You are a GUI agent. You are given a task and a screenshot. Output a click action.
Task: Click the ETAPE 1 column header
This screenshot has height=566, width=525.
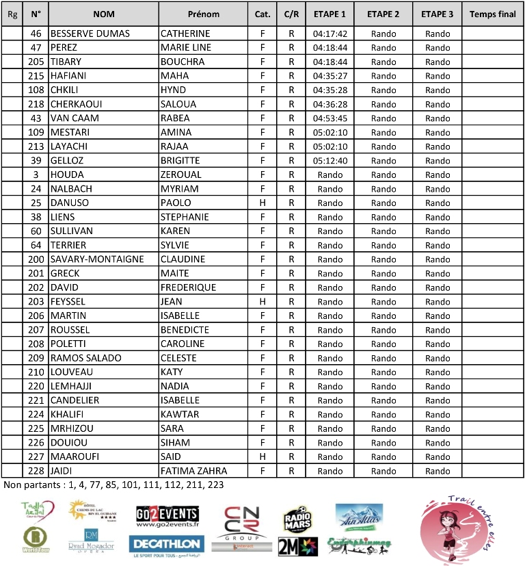[x=330, y=14]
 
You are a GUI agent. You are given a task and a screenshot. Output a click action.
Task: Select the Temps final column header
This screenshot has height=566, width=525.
[x=493, y=14]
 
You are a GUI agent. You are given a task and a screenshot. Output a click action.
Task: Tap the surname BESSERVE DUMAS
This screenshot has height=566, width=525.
[x=90, y=34]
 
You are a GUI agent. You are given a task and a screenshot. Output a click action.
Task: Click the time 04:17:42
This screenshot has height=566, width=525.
[x=330, y=34]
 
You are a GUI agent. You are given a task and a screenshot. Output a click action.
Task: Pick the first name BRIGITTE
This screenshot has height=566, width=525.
[x=180, y=160]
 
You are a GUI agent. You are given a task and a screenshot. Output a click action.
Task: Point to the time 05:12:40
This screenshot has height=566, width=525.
[x=330, y=160]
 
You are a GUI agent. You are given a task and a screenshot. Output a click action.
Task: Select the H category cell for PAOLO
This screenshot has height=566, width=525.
[x=262, y=203]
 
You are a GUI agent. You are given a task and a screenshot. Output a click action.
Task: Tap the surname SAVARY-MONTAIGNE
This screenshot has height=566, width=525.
[x=97, y=259]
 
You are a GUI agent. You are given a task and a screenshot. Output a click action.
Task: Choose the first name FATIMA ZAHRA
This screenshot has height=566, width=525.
[x=193, y=471]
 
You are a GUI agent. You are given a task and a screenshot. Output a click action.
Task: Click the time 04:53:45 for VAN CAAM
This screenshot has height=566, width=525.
[x=330, y=118]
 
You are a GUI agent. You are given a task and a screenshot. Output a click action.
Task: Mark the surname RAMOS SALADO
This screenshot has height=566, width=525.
[x=85, y=358]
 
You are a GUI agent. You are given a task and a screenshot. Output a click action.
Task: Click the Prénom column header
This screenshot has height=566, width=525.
[x=204, y=14]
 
